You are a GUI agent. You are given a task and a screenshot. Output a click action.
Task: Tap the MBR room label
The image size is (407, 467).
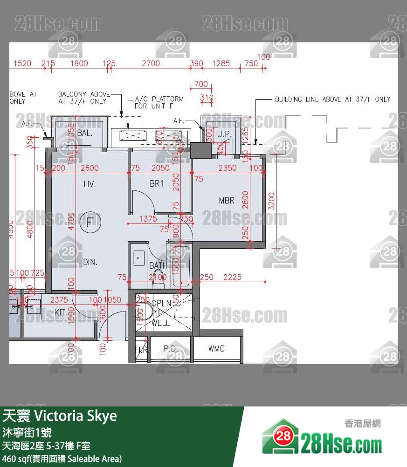click(x=227, y=201)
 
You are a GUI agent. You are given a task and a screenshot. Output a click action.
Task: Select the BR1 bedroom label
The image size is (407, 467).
click(x=157, y=184)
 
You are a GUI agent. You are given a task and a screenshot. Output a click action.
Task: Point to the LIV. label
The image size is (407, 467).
click(x=90, y=184)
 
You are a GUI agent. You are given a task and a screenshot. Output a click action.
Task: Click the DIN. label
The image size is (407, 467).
click(x=90, y=262)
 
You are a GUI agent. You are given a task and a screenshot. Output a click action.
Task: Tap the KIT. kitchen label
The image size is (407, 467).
click(x=60, y=312)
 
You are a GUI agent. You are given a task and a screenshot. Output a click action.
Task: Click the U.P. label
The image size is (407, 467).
click(x=225, y=133)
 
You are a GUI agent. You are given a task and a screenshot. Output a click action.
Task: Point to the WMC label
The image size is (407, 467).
click(x=216, y=348)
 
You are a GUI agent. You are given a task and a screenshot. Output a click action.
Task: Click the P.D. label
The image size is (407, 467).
click(x=168, y=348)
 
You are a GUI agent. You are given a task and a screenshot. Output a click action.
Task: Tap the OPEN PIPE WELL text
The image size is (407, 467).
click(x=161, y=313)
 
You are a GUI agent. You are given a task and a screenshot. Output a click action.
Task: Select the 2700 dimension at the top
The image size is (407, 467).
click(x=151, y=63)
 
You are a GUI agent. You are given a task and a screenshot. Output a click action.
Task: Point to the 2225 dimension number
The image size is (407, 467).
click(x=232, y=277)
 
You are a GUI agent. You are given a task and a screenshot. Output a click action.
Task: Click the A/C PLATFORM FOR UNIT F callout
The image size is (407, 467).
click(x=159, y=102)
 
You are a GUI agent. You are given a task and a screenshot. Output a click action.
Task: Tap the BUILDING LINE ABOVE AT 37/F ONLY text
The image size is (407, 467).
click(x=332, y=99)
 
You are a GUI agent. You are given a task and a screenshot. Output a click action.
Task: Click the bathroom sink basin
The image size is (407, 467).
click(x=139, y=257)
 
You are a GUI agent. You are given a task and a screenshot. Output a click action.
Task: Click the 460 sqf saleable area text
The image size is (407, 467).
click(x=62, y=459)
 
